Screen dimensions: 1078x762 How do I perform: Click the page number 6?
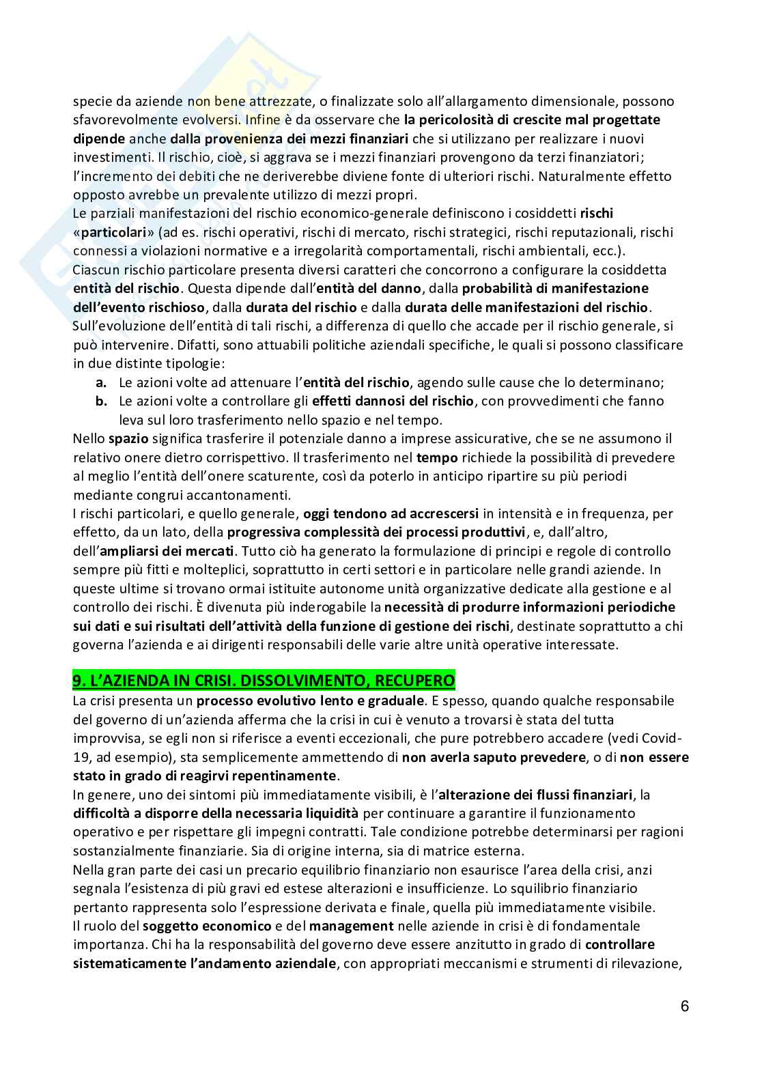point(685,1007)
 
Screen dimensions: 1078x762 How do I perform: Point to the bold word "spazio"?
point(128,438)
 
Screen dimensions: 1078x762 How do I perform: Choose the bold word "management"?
point(351,926)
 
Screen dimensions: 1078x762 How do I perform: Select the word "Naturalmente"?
point(576,176)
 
